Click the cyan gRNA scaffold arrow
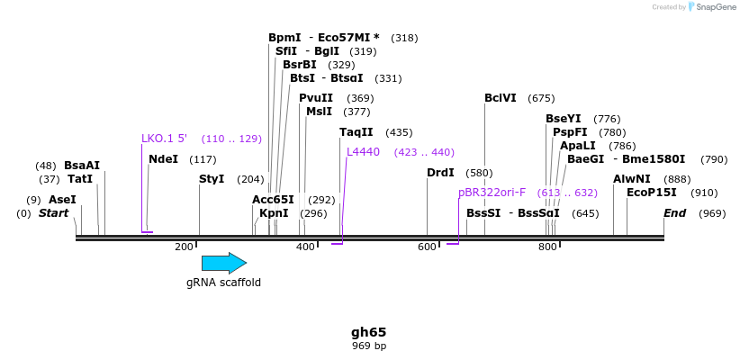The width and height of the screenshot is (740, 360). coord(223,263)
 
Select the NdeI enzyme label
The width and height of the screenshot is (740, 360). coord(163,159)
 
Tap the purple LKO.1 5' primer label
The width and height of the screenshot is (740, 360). coord(164,139)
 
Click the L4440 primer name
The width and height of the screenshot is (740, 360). coord(363,152)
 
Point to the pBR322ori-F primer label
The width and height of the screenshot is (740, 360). coord(492,193)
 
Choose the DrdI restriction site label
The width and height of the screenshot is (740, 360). coord(440,173)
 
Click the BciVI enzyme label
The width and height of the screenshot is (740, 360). coord(500,98)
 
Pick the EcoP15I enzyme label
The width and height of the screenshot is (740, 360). coord(652,193)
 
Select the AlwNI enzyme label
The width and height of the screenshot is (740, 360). coord(631,179)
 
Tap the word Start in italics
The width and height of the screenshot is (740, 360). coord(53,213)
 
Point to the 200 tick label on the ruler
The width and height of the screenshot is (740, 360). coord(185,247)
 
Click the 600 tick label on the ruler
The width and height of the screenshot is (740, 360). coord(427,247)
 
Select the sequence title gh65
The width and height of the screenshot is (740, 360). coord(369,332)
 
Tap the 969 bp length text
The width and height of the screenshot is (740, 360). coord(369,346)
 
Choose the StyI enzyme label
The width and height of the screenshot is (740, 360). coord(212,179)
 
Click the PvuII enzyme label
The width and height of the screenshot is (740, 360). coord(316,98)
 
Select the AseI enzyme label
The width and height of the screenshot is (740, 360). coord(62,200)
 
